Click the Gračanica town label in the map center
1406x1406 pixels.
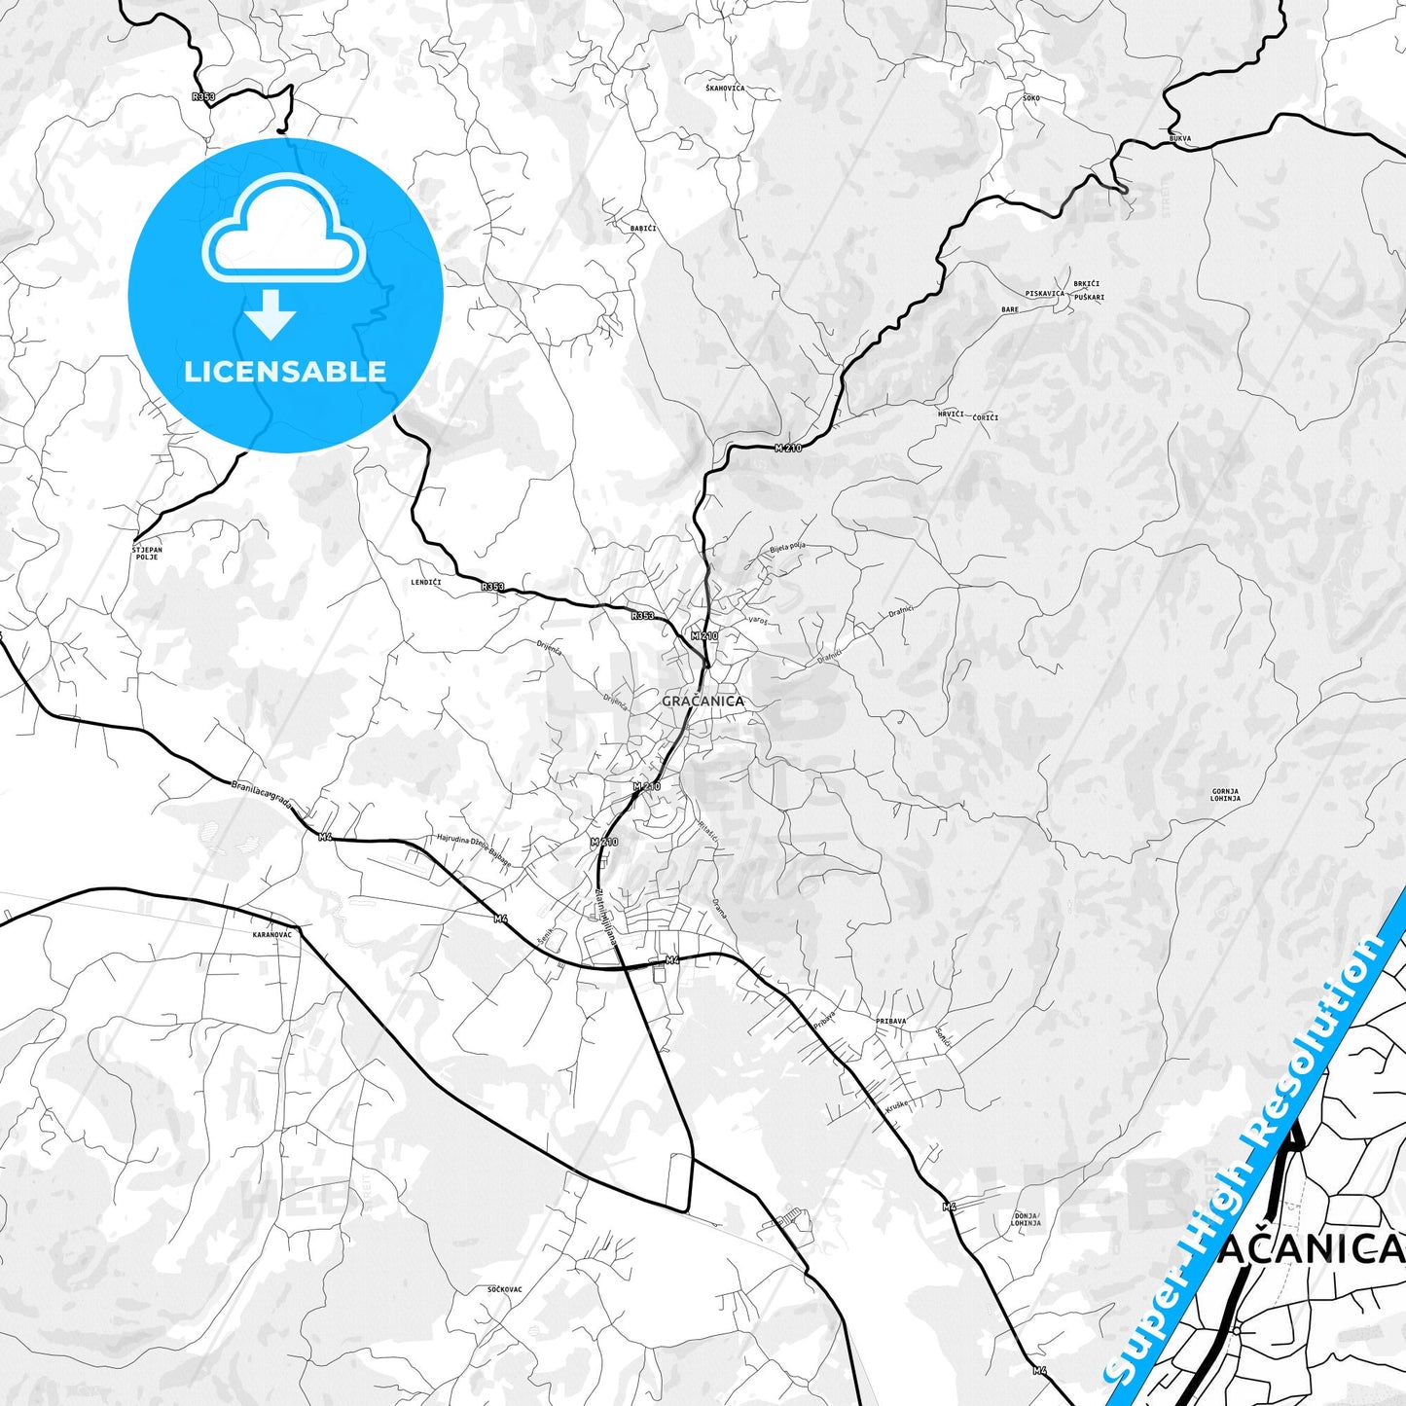tap(703, 701)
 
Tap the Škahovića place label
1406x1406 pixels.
tap(725, 89)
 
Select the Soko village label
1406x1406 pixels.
tap(1031, 98)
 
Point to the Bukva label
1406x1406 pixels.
tap(1179, 139)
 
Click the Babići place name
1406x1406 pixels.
tap(643, 229)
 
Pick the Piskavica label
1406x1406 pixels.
tap(1045, 293)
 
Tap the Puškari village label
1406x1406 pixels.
tap(1090, 296)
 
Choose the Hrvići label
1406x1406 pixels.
tap(951, 414)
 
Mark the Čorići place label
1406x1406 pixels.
tap(986, 417)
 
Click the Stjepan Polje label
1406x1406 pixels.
tap(147, 554)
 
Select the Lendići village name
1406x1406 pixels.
tap(426, 582)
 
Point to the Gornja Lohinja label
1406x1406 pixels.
tap(1225, 795)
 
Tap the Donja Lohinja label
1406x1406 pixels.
tap(1027, 1219)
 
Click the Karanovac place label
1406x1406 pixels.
tap(271, 934)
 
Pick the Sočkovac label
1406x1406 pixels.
tap(505, 1289)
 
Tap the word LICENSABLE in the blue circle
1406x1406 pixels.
tap(285, 372)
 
